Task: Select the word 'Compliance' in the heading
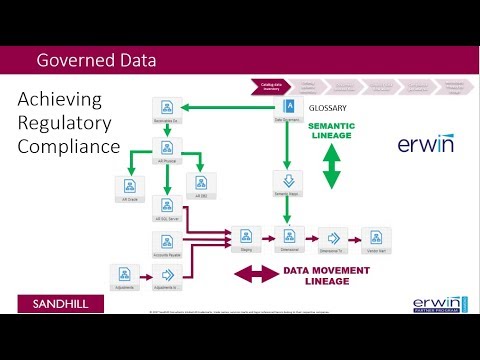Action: point(69,147)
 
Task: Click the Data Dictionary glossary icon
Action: point(290,108)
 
